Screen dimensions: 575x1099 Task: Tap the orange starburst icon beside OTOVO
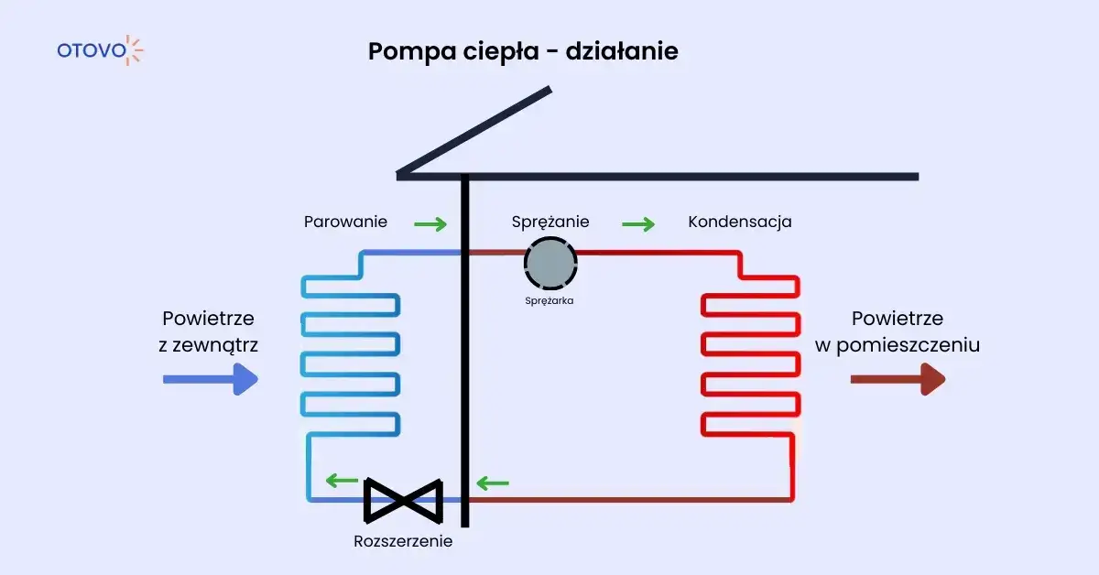134,49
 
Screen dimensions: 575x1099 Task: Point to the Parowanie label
345,222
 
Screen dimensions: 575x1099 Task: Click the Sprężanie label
549,222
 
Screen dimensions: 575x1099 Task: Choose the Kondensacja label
739,222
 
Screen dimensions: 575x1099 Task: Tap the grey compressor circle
550,264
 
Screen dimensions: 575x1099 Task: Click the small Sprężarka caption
549,300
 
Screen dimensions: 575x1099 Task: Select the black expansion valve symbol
404,499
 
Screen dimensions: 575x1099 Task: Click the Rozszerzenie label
403,541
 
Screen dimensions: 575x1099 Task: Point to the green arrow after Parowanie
430,223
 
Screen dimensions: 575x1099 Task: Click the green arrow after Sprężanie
638,223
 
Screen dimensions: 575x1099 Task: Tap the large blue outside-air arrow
210,378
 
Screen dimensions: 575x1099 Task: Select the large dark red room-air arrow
897,378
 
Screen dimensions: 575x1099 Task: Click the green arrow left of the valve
343,480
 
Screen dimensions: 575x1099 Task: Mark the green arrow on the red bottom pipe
493,483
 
